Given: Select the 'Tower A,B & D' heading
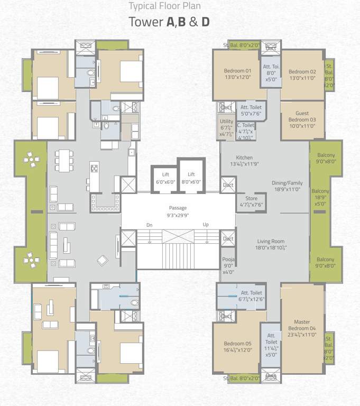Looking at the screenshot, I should click(x=169, y=22).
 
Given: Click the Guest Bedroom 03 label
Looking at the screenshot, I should click(x=302, y=119).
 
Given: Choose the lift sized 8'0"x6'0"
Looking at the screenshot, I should click(x=191, y=178).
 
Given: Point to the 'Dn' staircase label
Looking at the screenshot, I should click(x=150, y=225).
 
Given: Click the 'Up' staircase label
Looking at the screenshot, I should click(x=206, y=225).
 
